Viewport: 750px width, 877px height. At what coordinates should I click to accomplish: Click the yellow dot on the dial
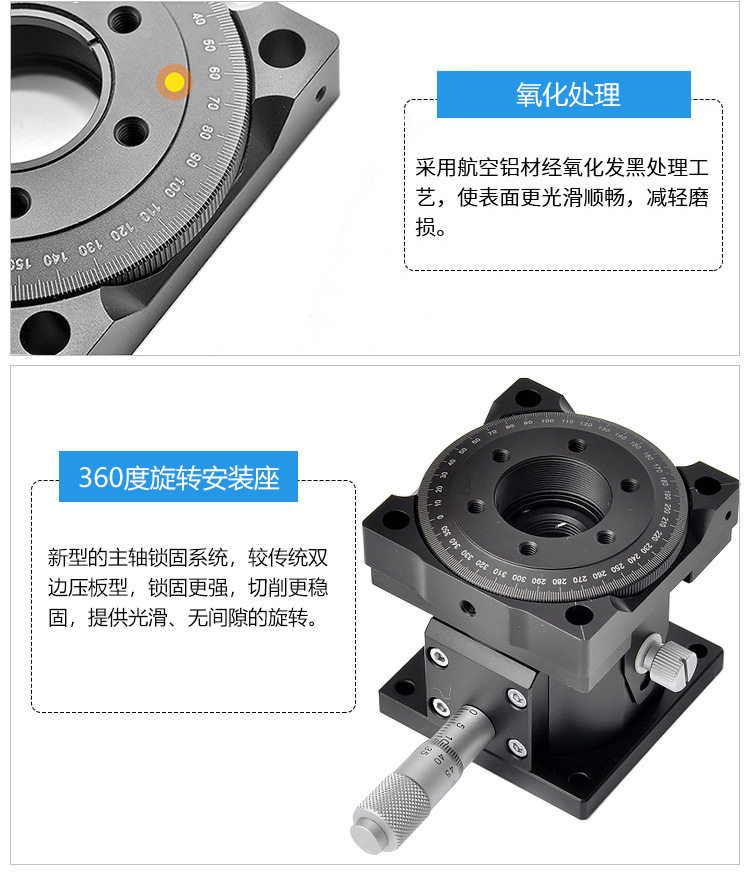coord(174,82)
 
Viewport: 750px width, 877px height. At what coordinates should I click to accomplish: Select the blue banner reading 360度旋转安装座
coord(179,478)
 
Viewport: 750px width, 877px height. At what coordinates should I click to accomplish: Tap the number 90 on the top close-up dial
coord(193,160)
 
